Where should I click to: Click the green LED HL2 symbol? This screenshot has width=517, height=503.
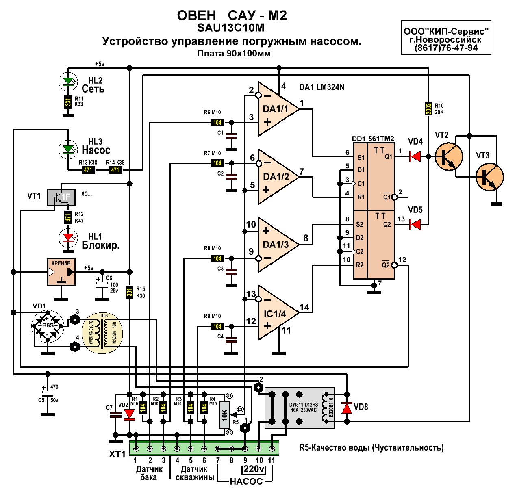tap(68, 82)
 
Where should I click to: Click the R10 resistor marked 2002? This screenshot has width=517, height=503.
tap(428, 108)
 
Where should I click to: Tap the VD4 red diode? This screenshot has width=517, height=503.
tap(415, 156)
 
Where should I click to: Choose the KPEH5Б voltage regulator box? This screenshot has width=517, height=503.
tap(61, 272)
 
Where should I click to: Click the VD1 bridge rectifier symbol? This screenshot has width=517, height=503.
tap(48, 325)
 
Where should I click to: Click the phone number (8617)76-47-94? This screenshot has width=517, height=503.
tap(446, 48)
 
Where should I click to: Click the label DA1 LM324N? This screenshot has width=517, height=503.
tap(321, 87)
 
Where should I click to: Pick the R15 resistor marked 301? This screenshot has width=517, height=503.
tap(130, 292)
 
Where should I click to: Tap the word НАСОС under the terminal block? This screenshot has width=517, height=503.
tap(246, 482)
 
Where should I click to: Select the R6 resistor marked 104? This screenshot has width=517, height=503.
tap(217, 122)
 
